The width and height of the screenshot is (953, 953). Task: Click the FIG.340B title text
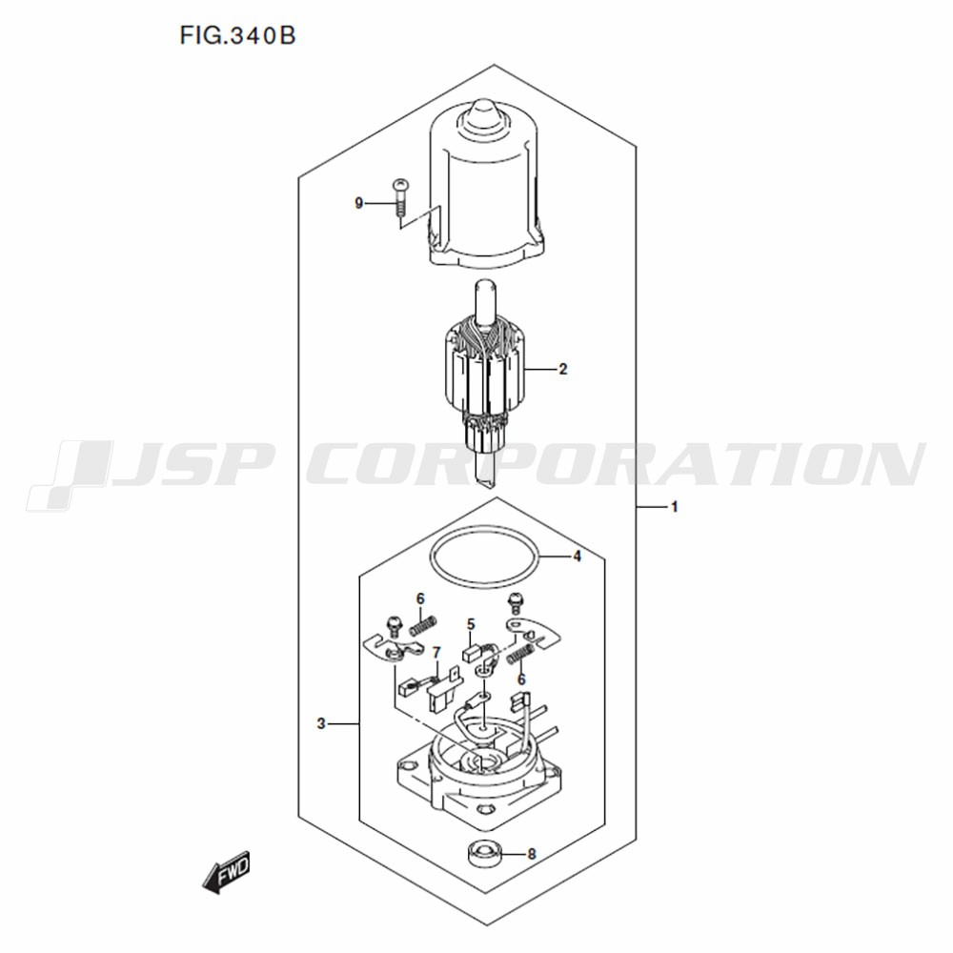[x=237, y=36]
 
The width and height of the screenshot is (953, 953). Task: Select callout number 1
[x=674, y=507]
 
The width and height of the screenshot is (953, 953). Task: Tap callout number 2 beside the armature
[x=563, y=369]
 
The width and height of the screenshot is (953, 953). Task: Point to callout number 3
[x=321, y=724]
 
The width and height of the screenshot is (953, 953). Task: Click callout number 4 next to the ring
[x=577, y=557]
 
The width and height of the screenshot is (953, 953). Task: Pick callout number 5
[x=471, y=624]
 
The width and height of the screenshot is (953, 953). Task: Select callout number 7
[x=436, y=653]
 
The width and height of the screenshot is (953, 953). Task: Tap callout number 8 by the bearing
[x=532, y=855]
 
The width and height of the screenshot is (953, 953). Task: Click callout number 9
[x=359, y=203]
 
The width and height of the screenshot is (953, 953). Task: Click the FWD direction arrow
[x=226, y=872]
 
